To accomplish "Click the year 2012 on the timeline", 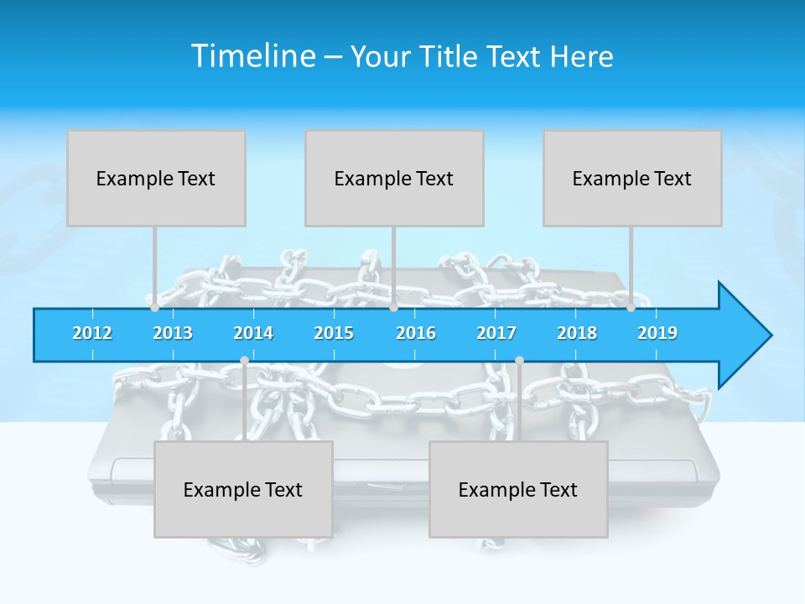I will [92, 333].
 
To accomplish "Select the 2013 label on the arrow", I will [173, 333].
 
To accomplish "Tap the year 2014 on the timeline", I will [253, 333].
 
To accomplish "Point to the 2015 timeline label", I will [334, 333].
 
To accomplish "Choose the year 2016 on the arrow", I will [416, 333].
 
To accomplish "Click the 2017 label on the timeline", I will [496, 333].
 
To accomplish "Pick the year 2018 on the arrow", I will [577, 333].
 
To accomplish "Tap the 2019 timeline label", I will [657, 333].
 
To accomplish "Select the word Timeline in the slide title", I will [252, 56].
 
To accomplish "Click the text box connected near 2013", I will [156, 178].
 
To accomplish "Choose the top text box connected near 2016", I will [394, 178].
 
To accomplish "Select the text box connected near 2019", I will [632, 178].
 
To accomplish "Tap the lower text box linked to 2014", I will [243, 489].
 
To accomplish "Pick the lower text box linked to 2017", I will [518, 489].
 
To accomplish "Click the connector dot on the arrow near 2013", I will [154, 308].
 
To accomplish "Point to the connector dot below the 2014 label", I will [244, 361].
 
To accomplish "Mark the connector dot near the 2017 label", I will [519, 361].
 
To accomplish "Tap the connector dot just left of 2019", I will [631, 308].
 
